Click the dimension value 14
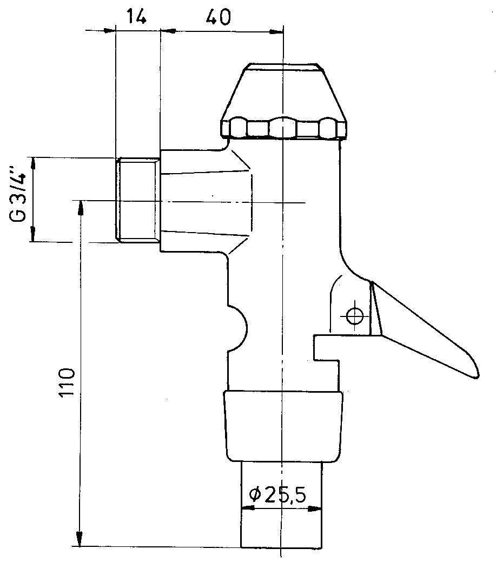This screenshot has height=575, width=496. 137,17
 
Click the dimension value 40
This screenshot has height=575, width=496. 219,17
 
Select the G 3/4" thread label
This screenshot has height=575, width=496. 18,194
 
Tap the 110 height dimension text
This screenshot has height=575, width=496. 67,382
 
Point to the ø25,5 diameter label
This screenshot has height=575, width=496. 277,495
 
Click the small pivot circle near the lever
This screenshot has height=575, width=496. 354,315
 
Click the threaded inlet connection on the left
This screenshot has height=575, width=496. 138,200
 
